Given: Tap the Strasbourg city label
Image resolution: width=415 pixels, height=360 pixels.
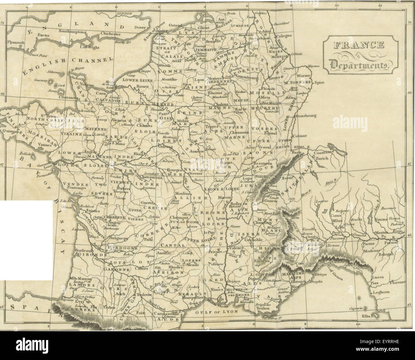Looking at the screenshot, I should click(x=306, y=116).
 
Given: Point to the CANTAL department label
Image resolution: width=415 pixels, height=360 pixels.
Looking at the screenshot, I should click(x=174, y=245).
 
